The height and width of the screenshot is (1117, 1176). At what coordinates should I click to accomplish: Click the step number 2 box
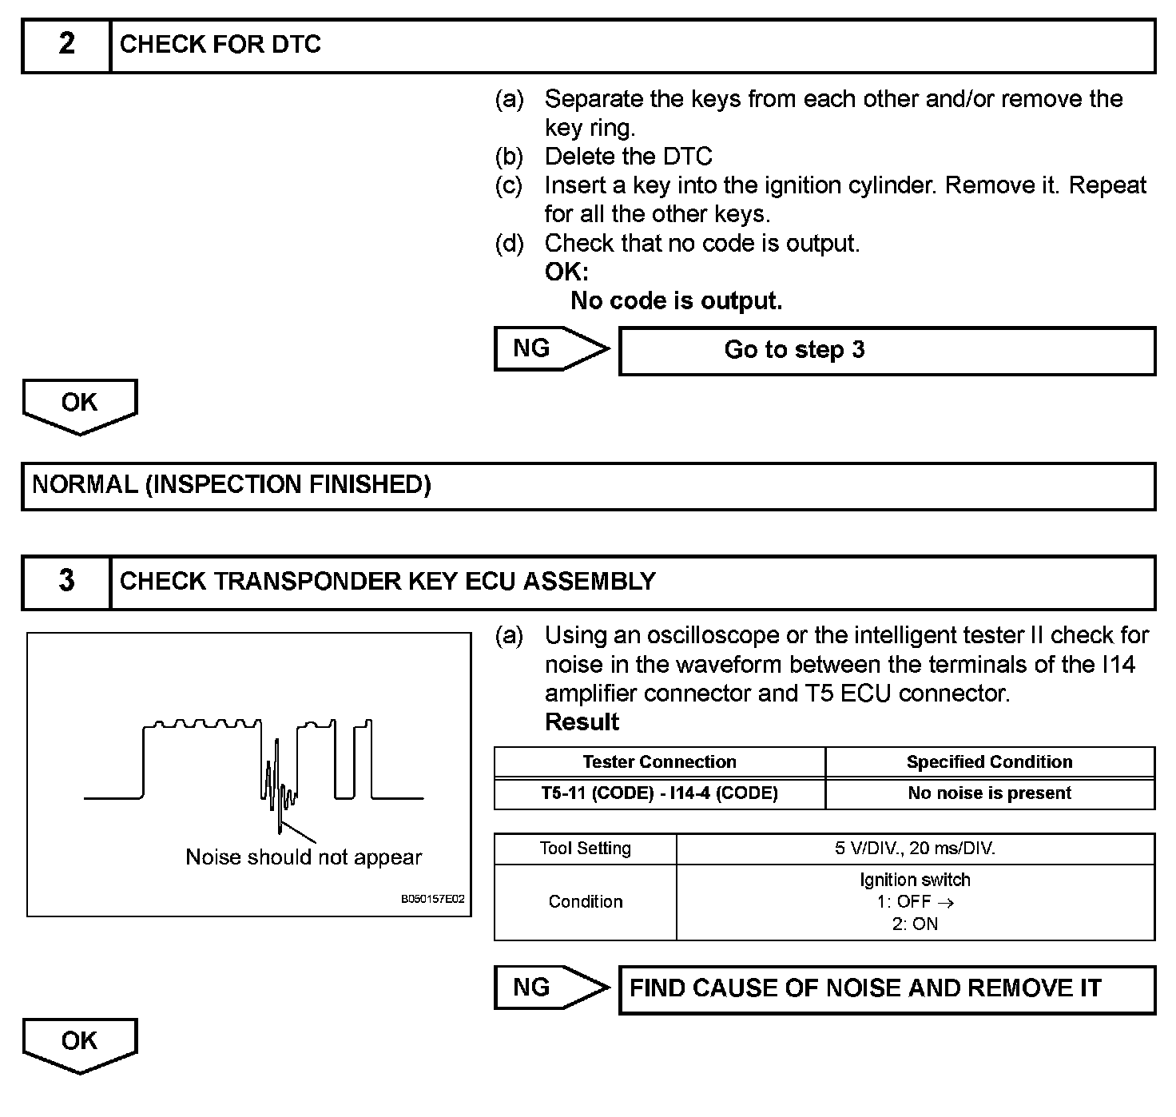click(x=66, y=45)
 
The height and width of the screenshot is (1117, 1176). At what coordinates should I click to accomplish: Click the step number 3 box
click(x=66, y=582)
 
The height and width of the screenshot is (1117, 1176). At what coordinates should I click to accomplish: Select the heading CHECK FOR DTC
click(x=220, y=45)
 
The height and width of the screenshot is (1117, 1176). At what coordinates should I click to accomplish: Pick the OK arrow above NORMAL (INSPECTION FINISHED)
click(x=80, y=404)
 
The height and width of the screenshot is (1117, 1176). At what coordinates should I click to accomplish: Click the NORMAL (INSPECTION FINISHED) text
click(x=232, y=485)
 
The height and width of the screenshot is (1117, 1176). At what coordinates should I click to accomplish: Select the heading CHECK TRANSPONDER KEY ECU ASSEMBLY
click(x=387, y=582)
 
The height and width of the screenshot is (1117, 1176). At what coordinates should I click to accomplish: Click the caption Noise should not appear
click(x=304, y=857)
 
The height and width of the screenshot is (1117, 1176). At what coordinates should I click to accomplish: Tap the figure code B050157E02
click(x=432, y=899)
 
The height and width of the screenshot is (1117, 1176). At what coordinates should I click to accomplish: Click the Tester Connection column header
click(x=659, y=762)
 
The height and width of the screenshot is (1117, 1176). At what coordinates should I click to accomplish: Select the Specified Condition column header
click(x=989, y=762)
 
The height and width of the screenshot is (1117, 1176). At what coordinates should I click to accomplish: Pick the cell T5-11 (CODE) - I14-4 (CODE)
click(x=659, y=793)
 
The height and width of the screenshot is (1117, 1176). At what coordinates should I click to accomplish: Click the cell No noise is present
click(x=989, y=793)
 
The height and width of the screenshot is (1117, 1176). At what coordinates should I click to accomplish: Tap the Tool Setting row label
click(x=585, y=849)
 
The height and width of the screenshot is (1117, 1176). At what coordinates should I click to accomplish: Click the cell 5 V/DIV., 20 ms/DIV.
click(x=915, y=849)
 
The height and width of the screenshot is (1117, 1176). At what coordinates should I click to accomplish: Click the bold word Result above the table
click(x=582, y=722)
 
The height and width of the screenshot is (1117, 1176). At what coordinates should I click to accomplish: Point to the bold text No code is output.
click(x=676, y=301)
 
